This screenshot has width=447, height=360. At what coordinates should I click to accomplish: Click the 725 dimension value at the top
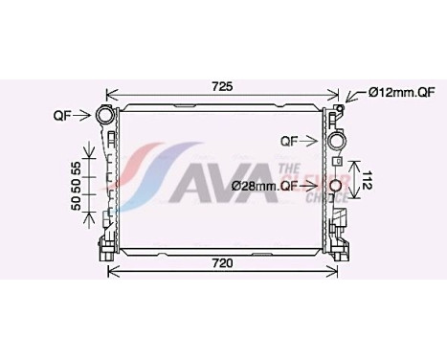[223, 87]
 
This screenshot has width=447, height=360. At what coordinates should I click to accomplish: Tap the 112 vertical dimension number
[367, 178]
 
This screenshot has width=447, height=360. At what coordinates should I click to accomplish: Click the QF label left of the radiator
[62, 116]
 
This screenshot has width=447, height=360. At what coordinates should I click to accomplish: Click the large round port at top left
[103, 117]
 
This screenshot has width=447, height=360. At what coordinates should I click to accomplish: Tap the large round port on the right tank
[337, 142]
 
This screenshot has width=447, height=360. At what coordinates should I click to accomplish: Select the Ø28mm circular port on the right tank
[336, 187]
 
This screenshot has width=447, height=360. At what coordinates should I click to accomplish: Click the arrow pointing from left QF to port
[82, 117]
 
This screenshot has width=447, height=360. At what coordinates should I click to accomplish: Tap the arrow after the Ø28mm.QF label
[317, 187]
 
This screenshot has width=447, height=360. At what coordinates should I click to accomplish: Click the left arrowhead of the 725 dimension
[109, 96]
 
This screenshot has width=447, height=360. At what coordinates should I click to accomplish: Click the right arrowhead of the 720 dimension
[338, 271]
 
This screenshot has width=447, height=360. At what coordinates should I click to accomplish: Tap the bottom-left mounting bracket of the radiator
[104, 247]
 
